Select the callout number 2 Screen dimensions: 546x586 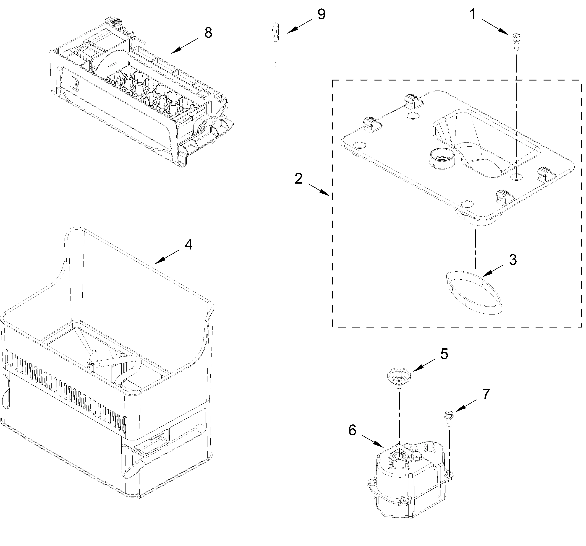click(299, 179)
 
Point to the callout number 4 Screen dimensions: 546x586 click(188, 244)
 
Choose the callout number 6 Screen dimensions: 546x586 click(352, 430)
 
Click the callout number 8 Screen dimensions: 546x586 click(208, 33)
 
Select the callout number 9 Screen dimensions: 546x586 click(321, 14)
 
